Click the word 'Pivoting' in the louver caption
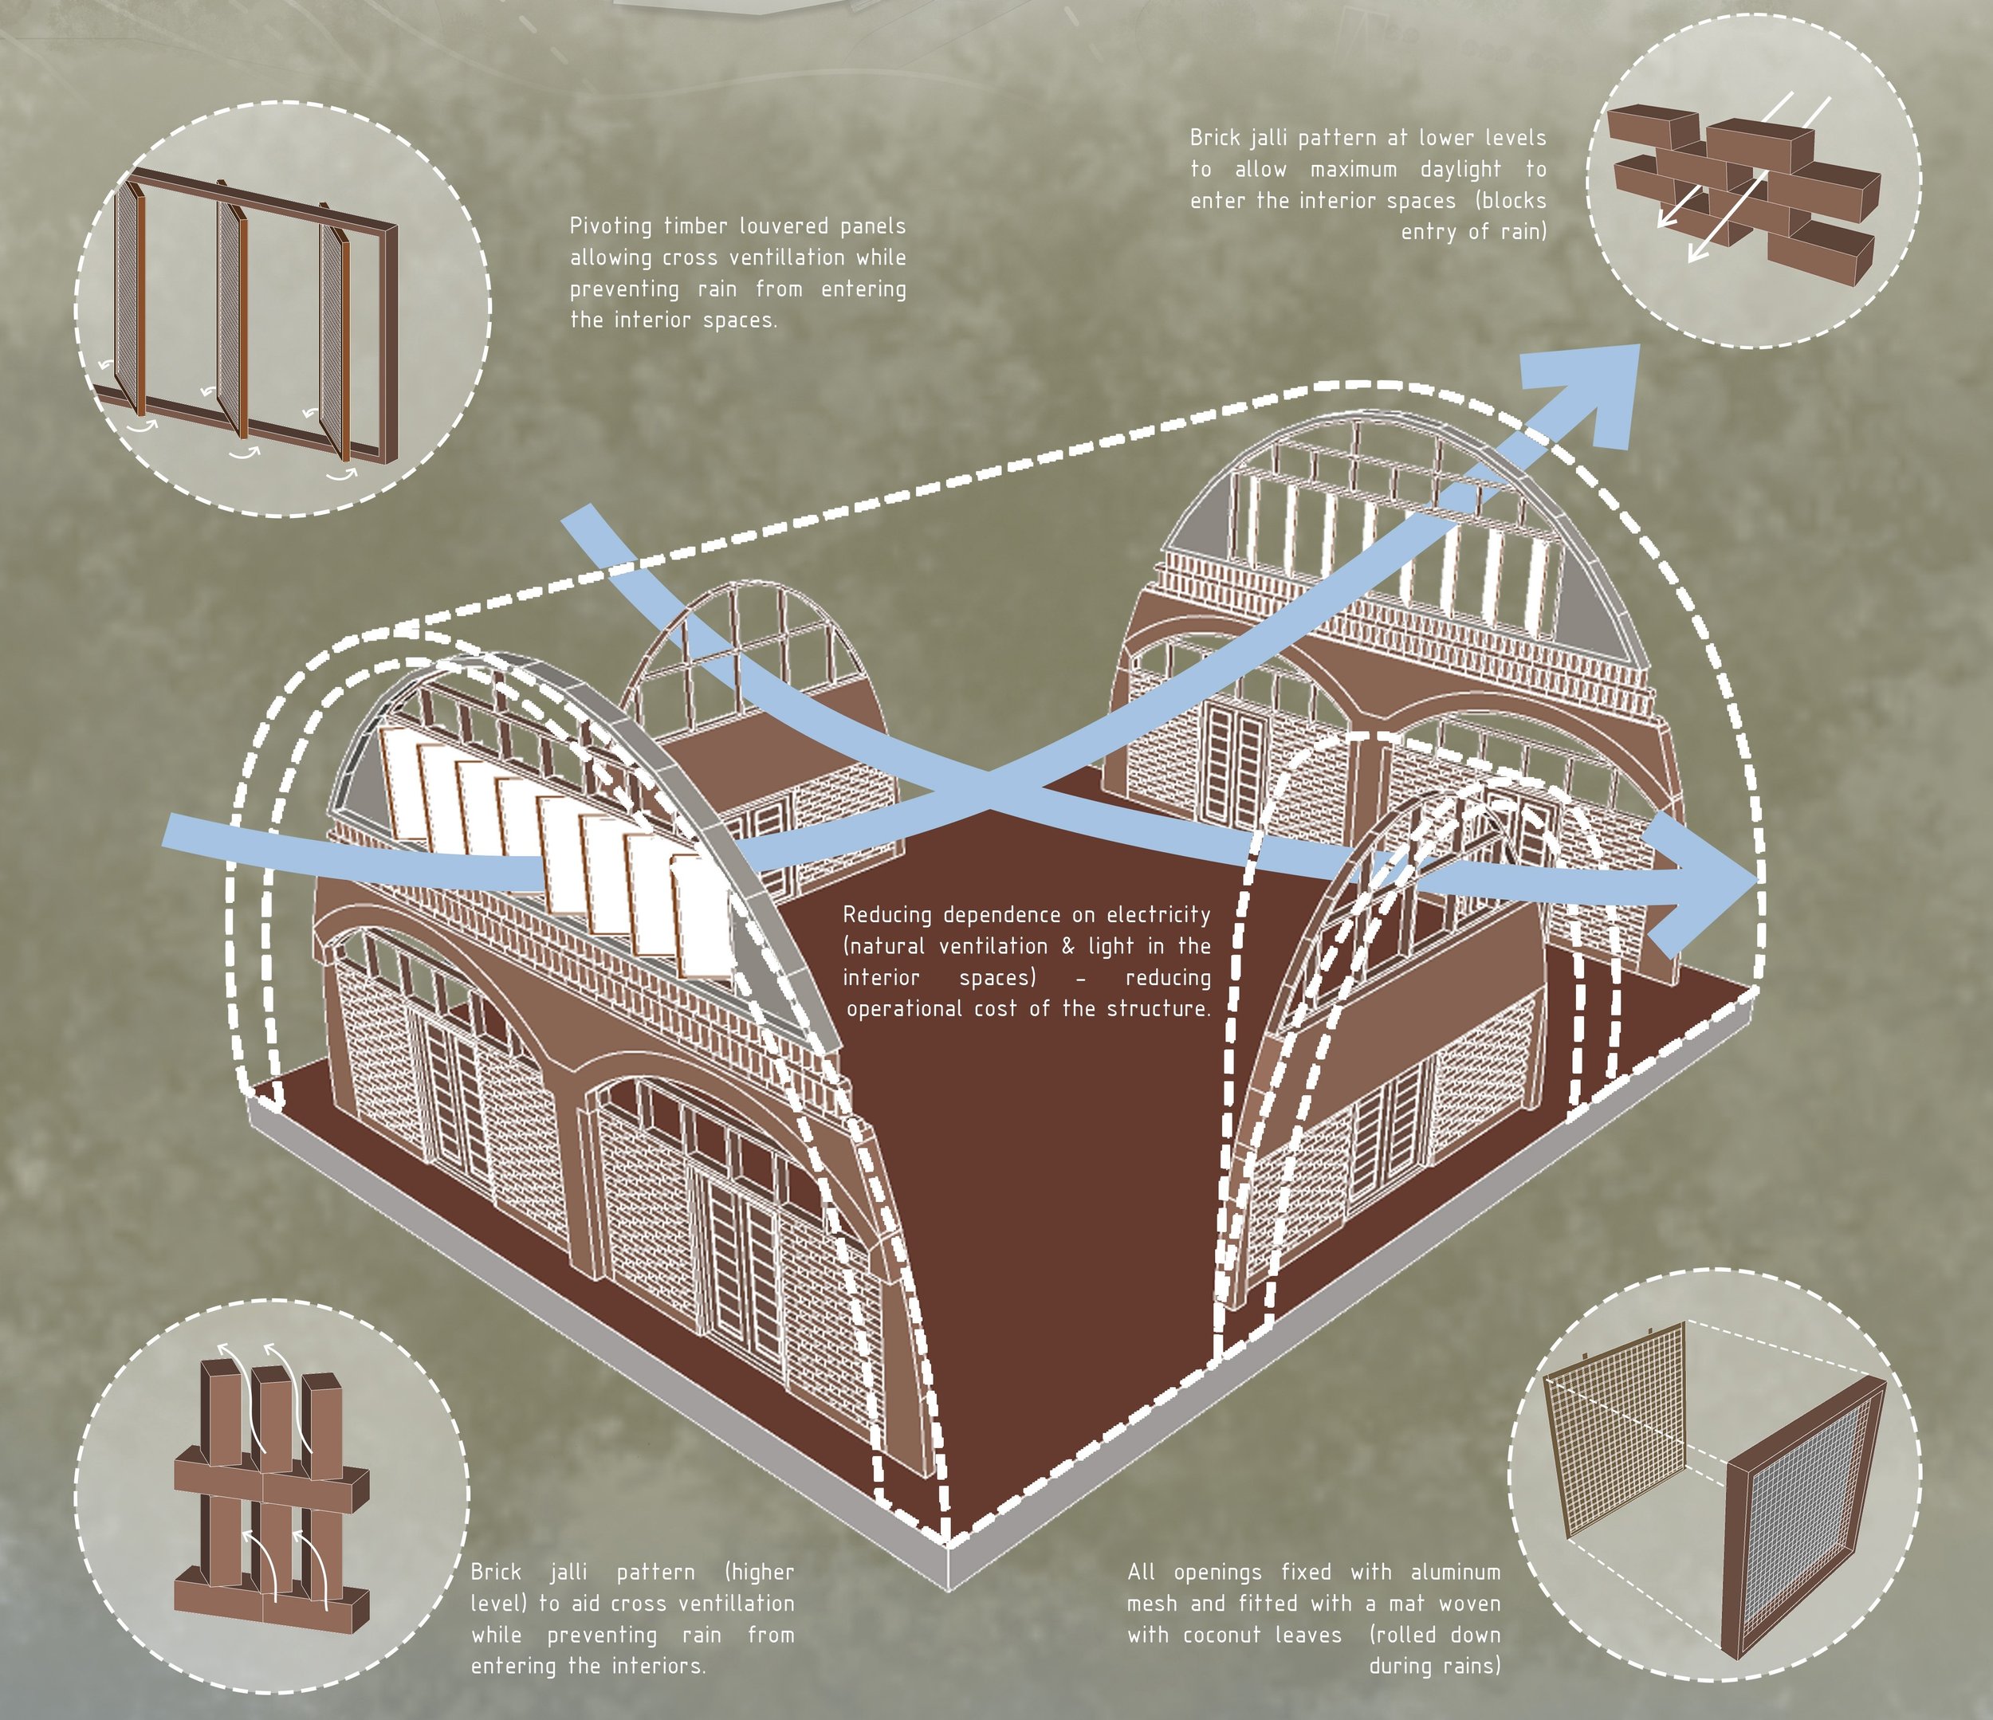point(609,226)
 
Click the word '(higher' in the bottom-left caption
point(759,1572)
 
